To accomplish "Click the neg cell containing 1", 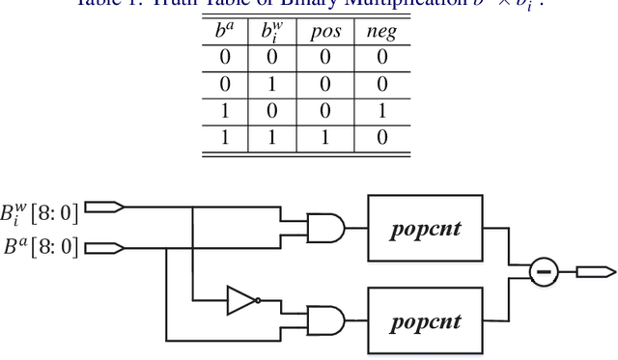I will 382,111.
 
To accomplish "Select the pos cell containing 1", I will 326,136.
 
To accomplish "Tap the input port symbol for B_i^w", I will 104,207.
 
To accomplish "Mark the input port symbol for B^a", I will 104,248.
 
